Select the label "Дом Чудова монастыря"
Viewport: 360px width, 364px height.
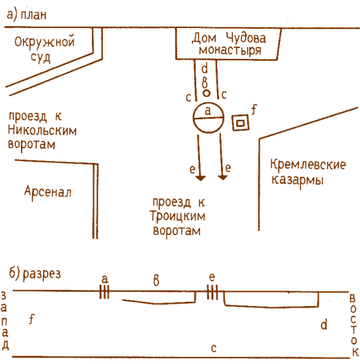click(229, 44)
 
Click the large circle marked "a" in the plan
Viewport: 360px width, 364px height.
click(208, 117)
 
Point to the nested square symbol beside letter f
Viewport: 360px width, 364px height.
click(240, 123)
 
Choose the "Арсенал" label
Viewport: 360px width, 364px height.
click(48, 191)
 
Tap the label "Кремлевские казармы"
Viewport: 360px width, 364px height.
click(308, 172)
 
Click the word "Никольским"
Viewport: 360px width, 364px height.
click(42, 131)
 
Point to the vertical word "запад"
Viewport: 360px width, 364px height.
click(5, 321)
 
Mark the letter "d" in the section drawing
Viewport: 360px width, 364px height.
click(324, 325)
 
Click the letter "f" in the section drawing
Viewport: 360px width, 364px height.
click(31, 320)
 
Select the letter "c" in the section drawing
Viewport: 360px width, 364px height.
click(214, 348)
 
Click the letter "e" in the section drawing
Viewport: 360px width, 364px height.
click(212, 277)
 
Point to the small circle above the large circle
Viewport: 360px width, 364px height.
click(206, 93)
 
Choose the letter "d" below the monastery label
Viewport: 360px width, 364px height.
click(204, 68)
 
